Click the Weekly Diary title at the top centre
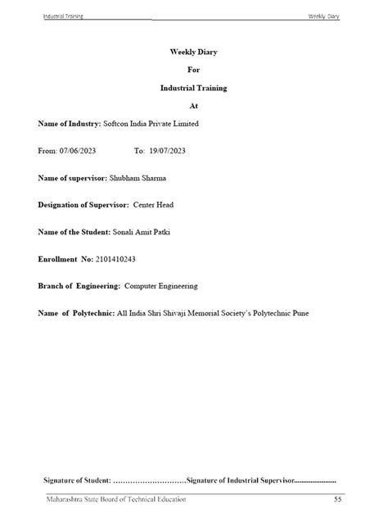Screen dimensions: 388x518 193,52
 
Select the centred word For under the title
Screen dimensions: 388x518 193,70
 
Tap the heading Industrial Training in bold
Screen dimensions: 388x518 193,87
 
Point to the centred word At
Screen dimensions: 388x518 193,106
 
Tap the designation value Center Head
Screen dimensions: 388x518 153,204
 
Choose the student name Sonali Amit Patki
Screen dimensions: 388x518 142,231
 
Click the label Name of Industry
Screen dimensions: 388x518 68,124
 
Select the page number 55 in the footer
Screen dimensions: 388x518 338,499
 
